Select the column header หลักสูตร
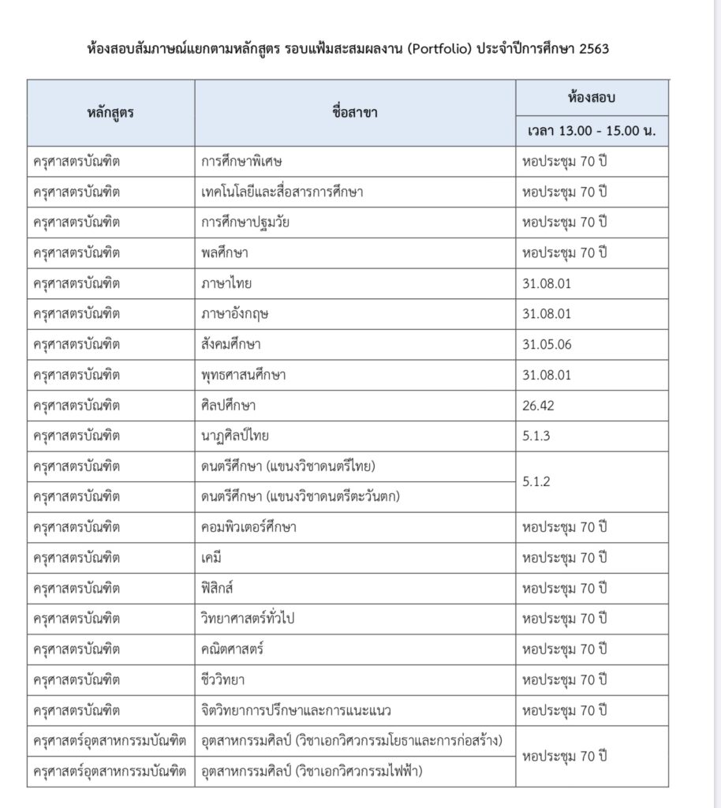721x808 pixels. [110, 112]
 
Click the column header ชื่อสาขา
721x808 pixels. [355, 112]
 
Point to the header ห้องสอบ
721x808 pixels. [592, 98]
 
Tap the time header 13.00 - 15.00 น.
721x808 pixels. [592, 130]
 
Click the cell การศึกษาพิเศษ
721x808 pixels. [241, 161]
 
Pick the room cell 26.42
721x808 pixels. [540, 405]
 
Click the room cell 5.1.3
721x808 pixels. [536, 436]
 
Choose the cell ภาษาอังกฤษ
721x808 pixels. [235, 313]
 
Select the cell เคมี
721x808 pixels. [213, 558]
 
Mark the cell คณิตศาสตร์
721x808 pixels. [232, 649]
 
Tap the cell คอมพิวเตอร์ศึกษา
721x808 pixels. [249, 527]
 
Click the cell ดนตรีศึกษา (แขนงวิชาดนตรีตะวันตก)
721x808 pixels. [301, 496]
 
